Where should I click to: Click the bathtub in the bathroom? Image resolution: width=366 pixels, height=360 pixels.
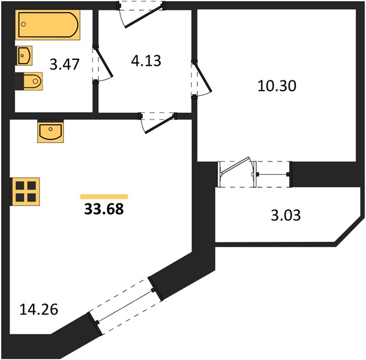48,25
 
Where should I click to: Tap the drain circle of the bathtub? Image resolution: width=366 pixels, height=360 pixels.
23,24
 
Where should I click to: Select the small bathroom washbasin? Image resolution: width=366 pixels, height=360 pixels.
24,56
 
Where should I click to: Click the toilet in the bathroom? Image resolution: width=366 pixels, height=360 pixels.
29,81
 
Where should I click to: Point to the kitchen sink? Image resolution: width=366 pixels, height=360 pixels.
50,131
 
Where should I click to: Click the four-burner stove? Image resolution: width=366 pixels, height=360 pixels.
25,191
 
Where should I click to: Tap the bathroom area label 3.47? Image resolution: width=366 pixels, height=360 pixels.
65,64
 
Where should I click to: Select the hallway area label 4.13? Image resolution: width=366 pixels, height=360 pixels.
146,61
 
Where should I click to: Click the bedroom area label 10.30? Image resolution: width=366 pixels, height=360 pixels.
277,86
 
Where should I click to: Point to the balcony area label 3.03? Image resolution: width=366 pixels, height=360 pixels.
286,215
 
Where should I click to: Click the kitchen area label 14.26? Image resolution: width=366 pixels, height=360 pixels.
39,310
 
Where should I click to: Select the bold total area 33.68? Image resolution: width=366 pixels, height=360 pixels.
104,209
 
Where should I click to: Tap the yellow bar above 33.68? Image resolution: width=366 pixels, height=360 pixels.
104,197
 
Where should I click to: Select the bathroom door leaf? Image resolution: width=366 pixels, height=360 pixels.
104,62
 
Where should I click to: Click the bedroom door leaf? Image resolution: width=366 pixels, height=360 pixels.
203,77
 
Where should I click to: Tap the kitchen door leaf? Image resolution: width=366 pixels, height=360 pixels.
160,124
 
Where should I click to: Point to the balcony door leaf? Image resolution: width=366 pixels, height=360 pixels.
235,166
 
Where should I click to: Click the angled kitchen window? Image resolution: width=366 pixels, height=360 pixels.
125,307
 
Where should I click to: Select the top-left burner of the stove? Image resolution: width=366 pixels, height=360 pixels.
20,186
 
